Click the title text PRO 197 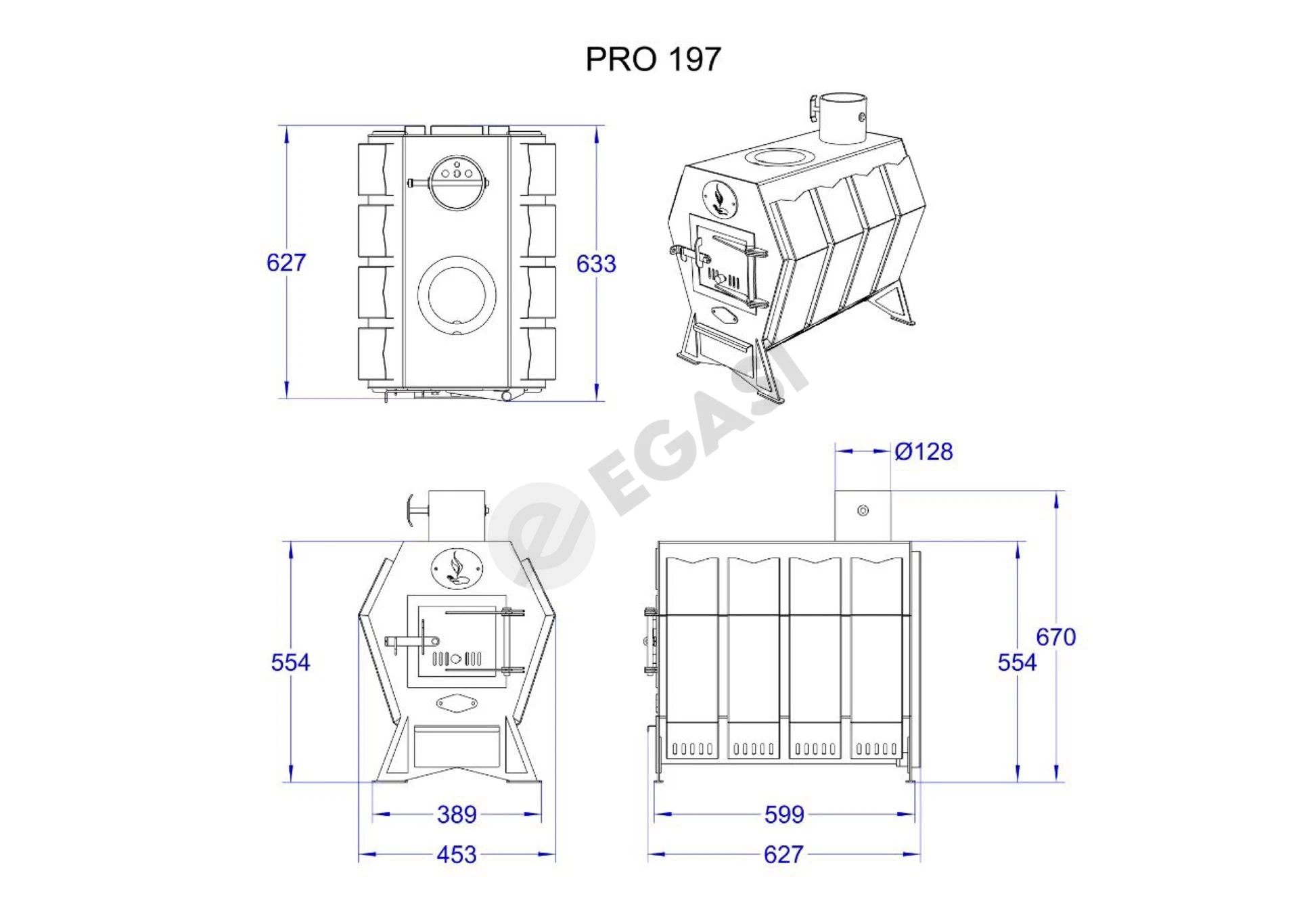click(x=653, y=59)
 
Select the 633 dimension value click(x=596, y=263)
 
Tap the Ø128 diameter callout click(x=924, y=451)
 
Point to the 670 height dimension click(x=1055, y=637)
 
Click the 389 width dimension click(x=457, y=814)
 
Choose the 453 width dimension click(x=457, y=855)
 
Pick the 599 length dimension click(x=784, y=814)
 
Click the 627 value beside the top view click(x=286, y=263)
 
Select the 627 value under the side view click(x=783, y=855)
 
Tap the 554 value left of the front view click(x=290, y=662)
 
